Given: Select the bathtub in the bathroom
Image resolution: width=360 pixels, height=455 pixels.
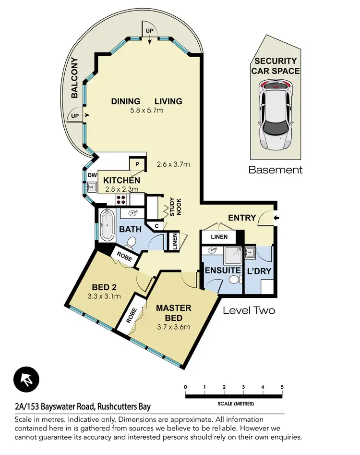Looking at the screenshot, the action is (106, 226).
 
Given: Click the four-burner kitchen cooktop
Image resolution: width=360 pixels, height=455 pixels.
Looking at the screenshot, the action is (120, 200).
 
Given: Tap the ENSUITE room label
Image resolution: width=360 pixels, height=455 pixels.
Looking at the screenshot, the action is (222, 271).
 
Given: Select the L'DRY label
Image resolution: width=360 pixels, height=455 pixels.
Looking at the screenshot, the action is (259, 271).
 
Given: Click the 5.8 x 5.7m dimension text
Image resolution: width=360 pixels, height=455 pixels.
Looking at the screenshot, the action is (146, 111).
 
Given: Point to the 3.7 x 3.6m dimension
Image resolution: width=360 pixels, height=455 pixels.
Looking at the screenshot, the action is (173, 328).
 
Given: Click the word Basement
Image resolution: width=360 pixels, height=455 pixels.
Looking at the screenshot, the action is (276, 170).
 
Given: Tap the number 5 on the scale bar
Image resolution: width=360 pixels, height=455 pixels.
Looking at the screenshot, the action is (282, 387).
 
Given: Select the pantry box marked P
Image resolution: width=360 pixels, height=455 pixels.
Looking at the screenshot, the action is (137, 164).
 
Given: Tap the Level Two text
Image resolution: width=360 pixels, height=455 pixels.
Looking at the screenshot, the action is (249, 310).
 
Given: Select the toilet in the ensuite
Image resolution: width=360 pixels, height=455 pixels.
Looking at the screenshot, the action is (234, 281).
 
